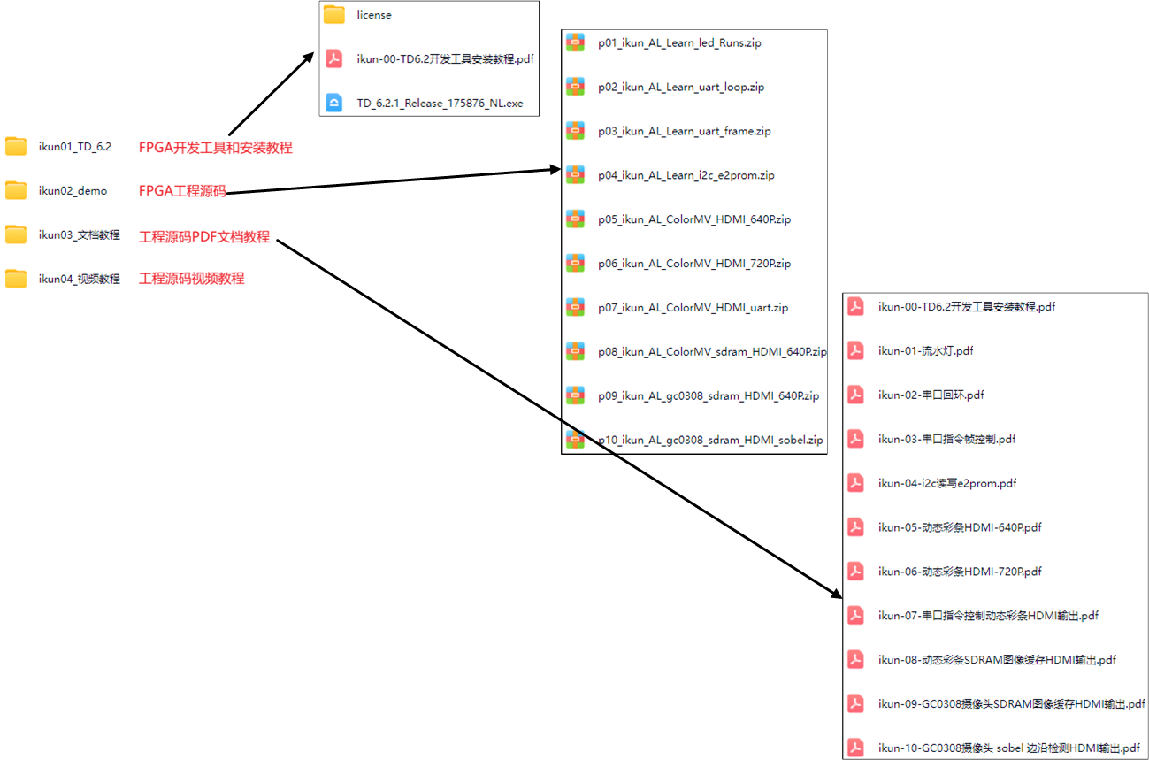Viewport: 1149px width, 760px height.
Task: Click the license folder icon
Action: [333, 15]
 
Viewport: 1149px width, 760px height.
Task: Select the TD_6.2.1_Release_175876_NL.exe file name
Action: [440, 104]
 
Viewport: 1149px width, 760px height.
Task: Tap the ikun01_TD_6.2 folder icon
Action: [16, 147]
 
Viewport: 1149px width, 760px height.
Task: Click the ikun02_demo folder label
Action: [73, 191]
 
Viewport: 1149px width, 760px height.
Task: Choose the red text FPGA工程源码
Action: [182, 191]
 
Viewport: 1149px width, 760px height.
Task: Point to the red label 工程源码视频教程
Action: [191, 279]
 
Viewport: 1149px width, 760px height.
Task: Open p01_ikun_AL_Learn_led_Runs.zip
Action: [678, 43]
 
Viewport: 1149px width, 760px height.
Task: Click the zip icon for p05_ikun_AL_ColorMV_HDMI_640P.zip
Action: [575, 219]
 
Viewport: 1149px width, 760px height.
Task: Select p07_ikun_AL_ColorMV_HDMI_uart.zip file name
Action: [693, 308]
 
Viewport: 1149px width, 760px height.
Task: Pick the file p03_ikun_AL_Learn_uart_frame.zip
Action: [684, 132]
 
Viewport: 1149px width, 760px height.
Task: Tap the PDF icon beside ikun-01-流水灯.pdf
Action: [855, 350]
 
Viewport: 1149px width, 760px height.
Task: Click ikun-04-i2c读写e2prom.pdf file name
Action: [946, 484]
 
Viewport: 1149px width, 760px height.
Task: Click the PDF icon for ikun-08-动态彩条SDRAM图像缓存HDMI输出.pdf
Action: [855, 659]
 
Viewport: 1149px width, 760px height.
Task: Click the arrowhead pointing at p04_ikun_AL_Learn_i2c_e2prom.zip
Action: [554, 168]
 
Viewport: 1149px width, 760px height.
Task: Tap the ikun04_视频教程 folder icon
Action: [16, 279]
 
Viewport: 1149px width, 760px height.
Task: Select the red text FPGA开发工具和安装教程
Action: [215, 148]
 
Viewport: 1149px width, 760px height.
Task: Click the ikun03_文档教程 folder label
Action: [79, 235]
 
